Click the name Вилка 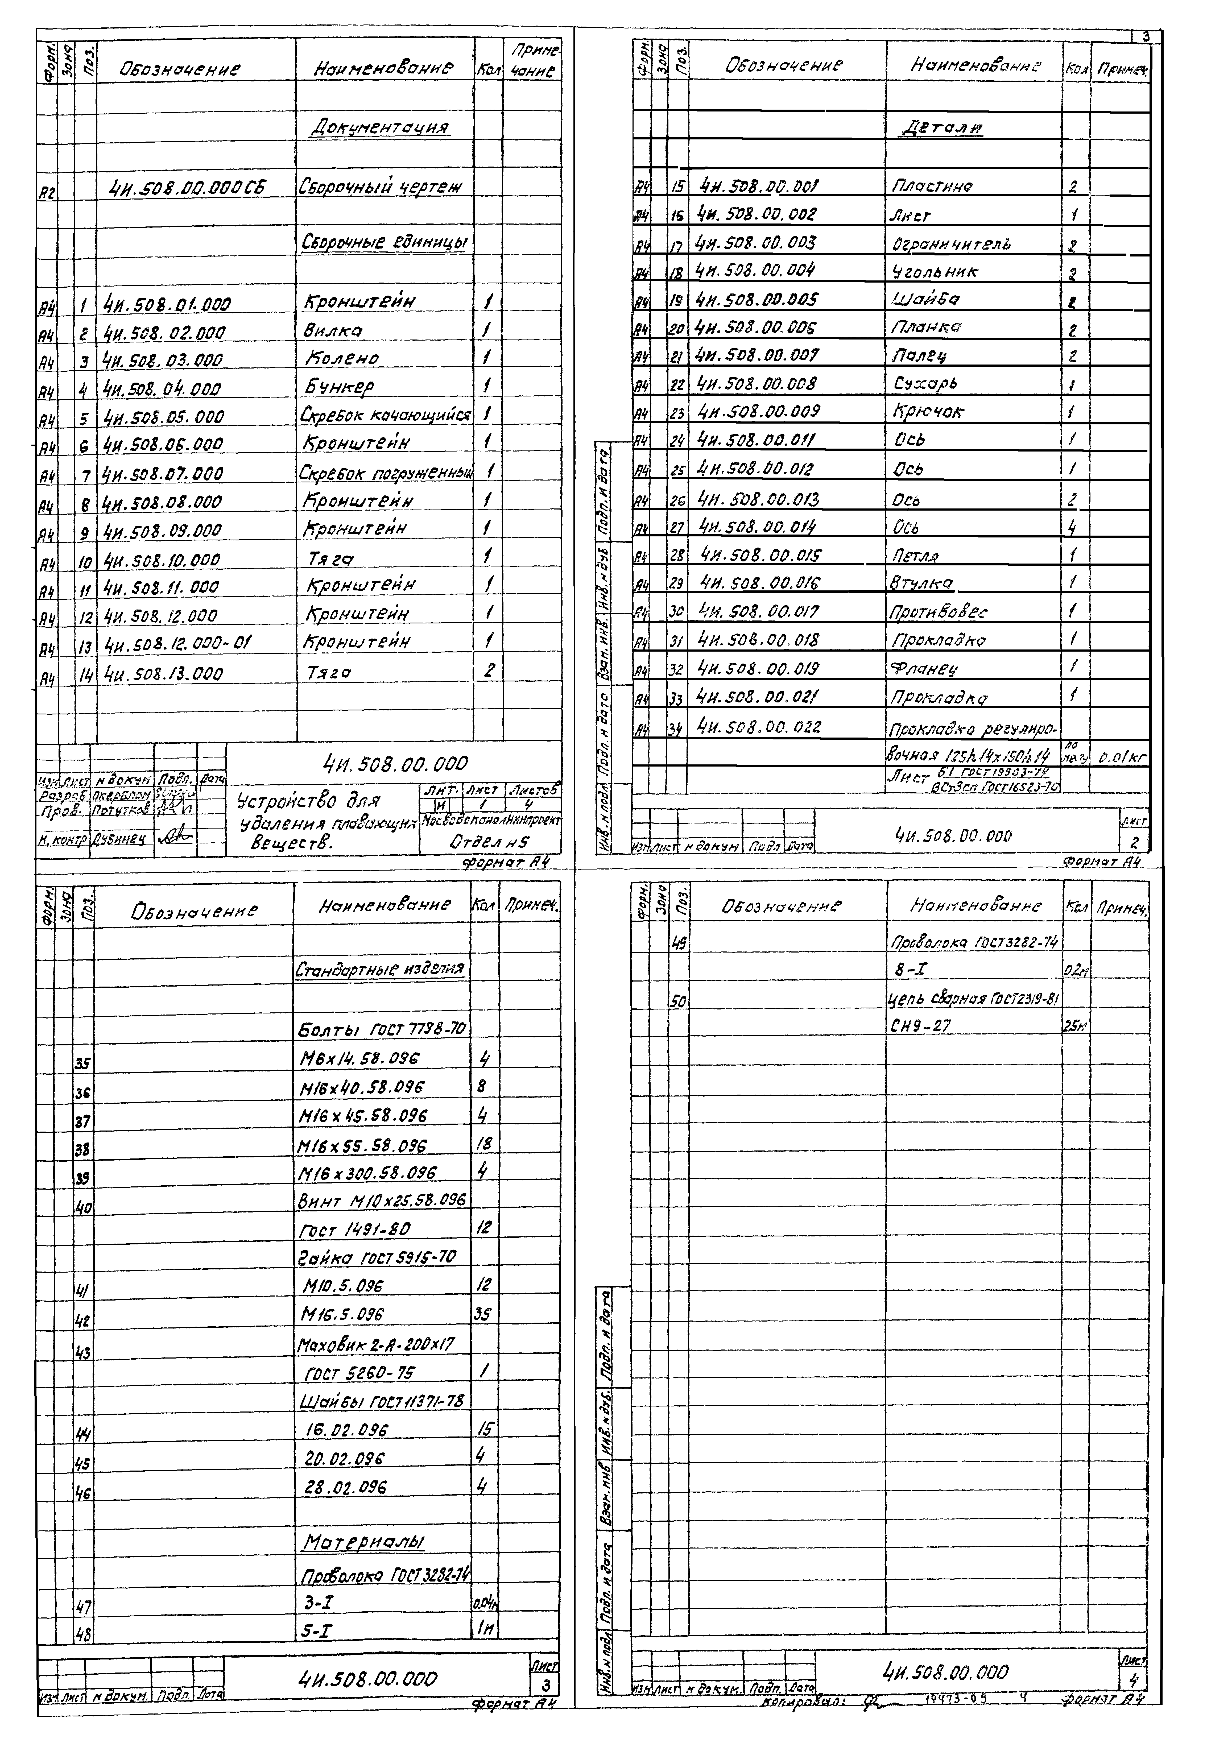click(x=333, y=330)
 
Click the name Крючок click(x=929, y=412)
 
